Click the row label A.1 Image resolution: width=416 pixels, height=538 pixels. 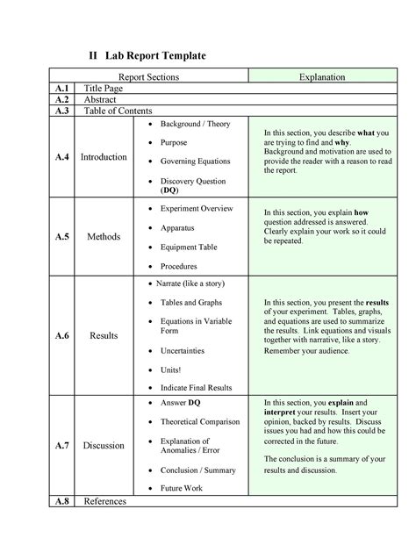[x=61, y=89]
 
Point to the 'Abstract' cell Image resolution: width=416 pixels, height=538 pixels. [x=102, y=100]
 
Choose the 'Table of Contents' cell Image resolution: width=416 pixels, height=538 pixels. [x=118, y=111]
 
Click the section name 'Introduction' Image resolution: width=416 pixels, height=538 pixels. [x=104, y=157]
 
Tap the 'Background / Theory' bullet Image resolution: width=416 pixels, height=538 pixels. [x=195, y=124]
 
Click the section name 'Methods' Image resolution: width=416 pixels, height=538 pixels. [x=104, y=237]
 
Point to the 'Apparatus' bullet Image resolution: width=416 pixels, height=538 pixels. [x=177, y=227]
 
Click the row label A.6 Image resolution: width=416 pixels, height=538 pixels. [x=61, y=334]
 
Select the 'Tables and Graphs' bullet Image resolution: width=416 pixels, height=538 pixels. [x=190, y=302]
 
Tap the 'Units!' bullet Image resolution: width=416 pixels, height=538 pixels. [x=172, y=369]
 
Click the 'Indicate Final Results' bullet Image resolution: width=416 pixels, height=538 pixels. [x=196, y=386]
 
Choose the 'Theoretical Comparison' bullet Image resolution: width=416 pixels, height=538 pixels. [x=199, y=421]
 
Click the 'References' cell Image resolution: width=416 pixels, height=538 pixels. [x=104, y=501]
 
